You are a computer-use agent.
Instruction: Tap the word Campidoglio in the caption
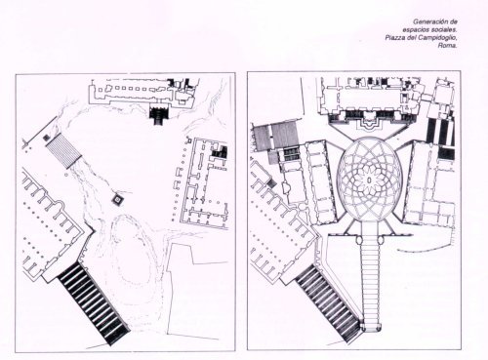click(x=436, y=38)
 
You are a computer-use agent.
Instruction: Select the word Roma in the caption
click(x=447, y=46)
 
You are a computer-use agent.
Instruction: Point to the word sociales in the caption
click(x=443, y=30)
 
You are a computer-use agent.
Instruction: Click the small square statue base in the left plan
click(x=116, y=199)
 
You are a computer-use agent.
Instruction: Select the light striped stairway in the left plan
click(x=64, y=151)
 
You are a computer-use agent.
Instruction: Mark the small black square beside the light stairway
click(x=46, y=138)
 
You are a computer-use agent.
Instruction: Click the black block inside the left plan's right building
click(x=220, y=151)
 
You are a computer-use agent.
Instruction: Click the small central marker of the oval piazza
click(x=369, y=180)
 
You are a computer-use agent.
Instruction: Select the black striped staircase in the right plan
click(x=329, y=303)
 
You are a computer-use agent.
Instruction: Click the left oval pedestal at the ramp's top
click(x=359, y=240)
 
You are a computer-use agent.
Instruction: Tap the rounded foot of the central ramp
click(x=370, y=327)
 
